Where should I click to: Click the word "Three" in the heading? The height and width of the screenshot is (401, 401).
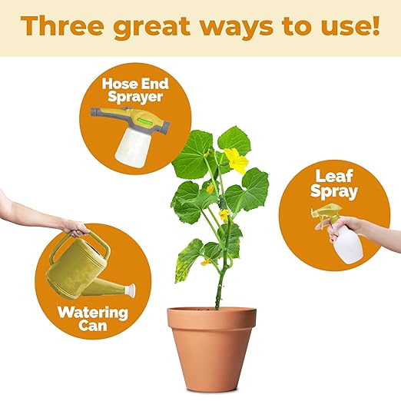62,26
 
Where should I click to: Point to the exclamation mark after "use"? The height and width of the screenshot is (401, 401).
375,26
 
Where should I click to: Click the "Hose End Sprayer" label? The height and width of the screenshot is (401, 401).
135,90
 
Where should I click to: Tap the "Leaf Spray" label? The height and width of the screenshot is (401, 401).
333,184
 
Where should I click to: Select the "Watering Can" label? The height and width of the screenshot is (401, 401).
93,319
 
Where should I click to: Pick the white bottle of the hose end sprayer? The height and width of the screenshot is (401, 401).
131,147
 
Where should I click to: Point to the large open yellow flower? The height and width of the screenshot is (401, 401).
237,161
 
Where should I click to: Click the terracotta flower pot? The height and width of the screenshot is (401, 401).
211,351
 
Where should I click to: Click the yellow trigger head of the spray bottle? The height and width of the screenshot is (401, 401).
324,214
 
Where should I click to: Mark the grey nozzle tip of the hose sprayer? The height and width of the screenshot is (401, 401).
95,112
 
